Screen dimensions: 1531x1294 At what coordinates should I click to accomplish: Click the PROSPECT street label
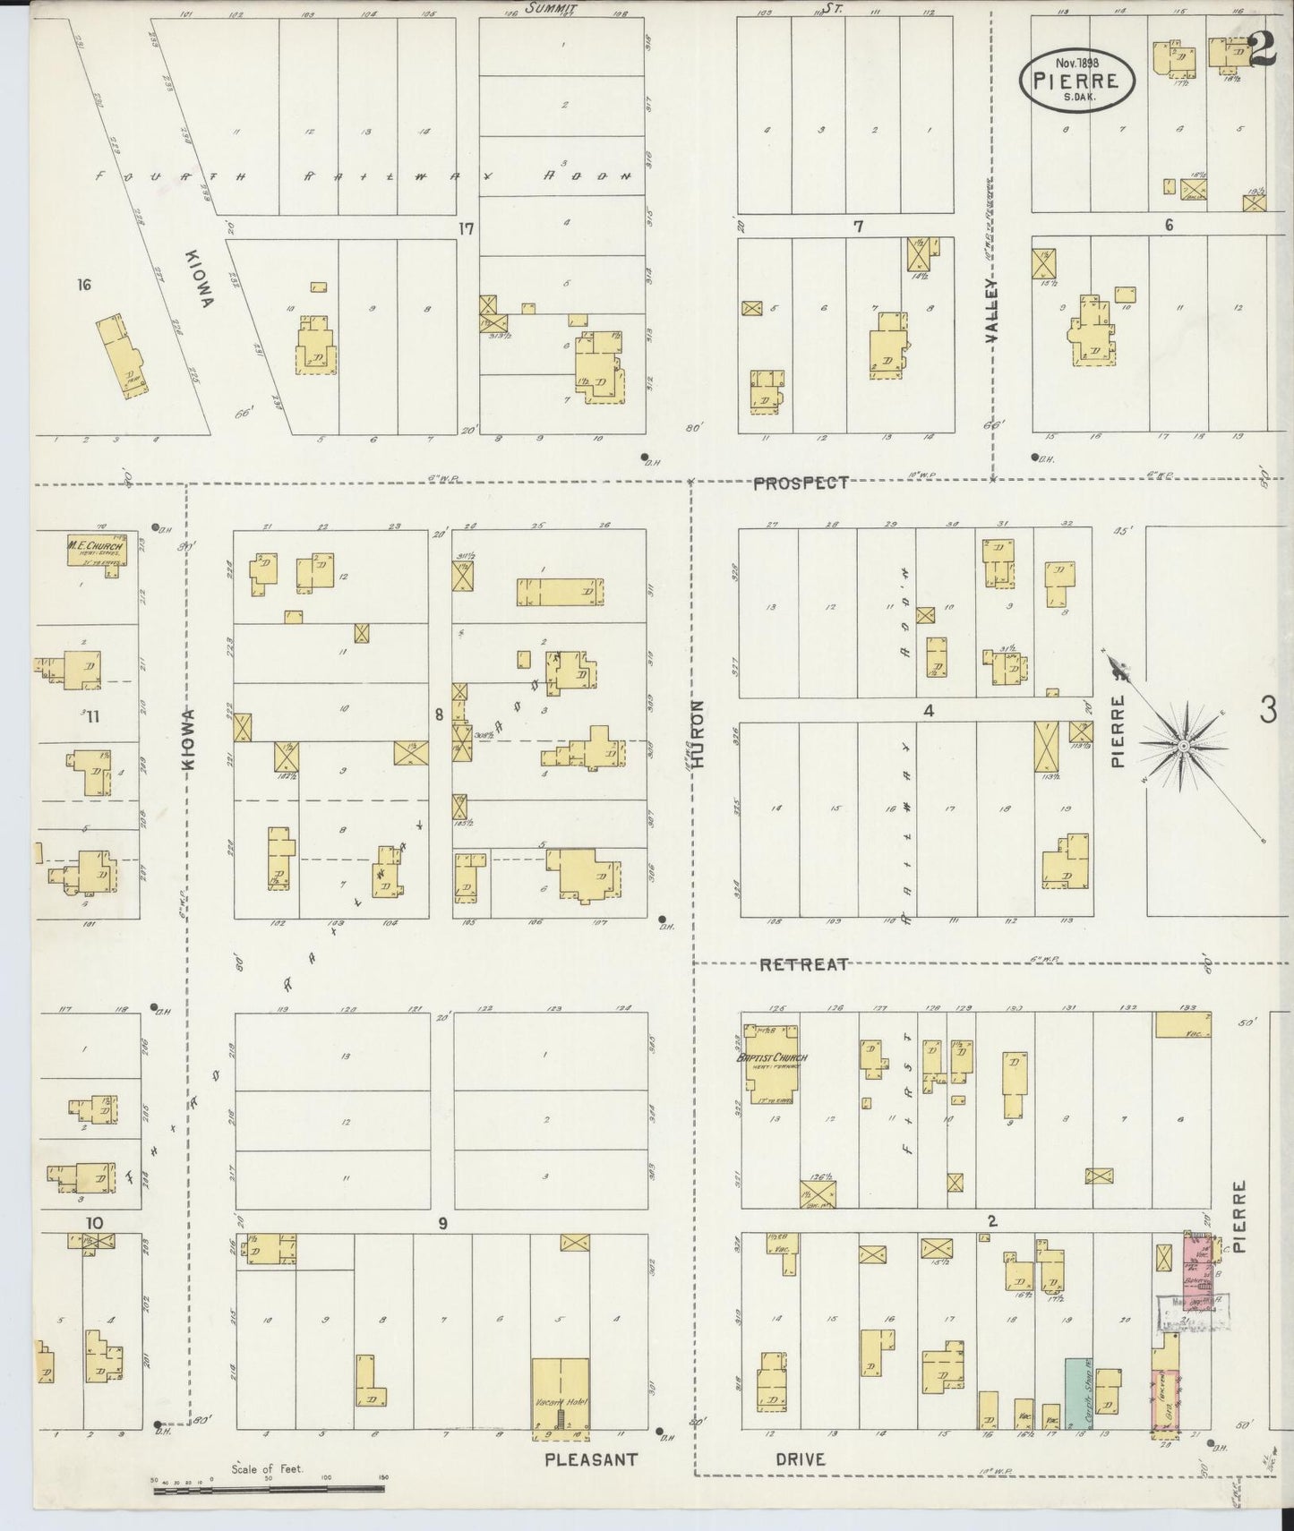tap(800, 483)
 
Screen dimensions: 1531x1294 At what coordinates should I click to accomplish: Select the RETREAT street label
tap(803, 964)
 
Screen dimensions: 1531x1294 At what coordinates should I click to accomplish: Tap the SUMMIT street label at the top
tap(552, 8)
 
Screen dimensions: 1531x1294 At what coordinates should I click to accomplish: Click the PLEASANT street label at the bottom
tap(591, 1459)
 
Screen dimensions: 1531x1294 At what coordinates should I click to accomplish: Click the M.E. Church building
tap(94, 550)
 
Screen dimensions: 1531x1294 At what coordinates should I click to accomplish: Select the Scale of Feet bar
tap(269, 1487)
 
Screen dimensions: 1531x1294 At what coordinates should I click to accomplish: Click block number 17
tap(466, 228)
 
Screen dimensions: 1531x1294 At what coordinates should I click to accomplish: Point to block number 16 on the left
tap(85, 286)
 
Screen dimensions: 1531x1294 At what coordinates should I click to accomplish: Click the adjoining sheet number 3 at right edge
tap(1267, 711)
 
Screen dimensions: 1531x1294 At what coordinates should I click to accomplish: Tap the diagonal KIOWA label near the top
tap(201, 278)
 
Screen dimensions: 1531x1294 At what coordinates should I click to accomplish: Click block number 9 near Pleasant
tap(441, 1223)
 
